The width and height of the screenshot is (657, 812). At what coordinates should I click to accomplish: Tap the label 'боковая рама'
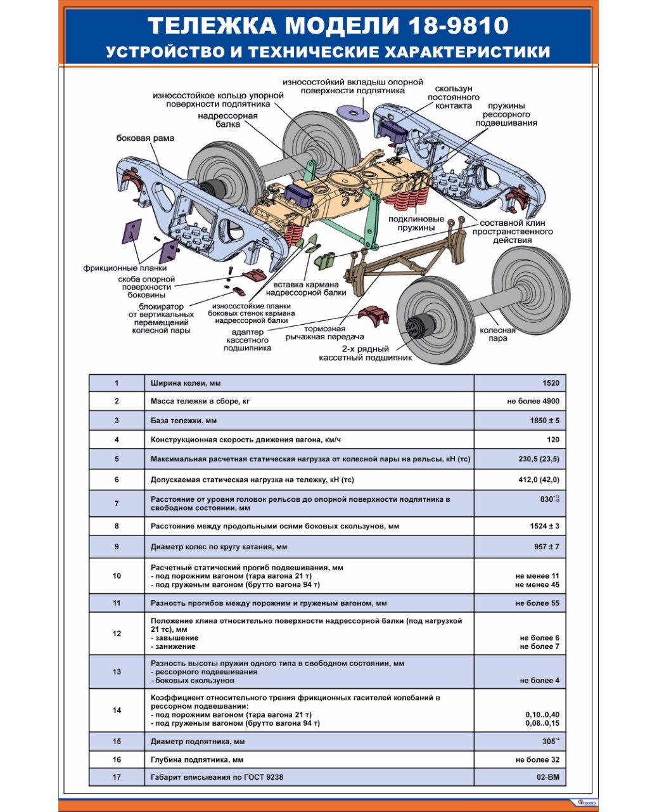pos(145,138)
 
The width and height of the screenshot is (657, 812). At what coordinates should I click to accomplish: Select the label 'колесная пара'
pos(497,334)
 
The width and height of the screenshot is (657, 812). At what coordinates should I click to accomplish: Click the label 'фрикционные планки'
pos(125,268)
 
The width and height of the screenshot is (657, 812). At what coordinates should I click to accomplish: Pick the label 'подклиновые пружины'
pos(416,223)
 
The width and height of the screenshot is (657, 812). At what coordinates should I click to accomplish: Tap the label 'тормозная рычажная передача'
pos(324,333)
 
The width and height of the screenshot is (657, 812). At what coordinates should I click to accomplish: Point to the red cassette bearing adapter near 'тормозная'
pos(373,315)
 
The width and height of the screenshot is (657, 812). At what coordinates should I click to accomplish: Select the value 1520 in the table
pos(551,383)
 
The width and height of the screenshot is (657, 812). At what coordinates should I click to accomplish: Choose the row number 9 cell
pos(117,547)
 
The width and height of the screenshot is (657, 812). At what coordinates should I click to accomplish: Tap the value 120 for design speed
pos(552,440)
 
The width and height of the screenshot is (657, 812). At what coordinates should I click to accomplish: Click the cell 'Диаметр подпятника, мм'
pos(198,742)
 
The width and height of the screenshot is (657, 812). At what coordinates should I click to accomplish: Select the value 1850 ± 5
pos(544,421)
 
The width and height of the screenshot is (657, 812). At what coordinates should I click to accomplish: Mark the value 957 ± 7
pos(546,547)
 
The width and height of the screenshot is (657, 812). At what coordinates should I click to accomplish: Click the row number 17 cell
pos(117,777)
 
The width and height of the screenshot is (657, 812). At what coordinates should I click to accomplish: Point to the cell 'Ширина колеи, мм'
pos(186,383)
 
